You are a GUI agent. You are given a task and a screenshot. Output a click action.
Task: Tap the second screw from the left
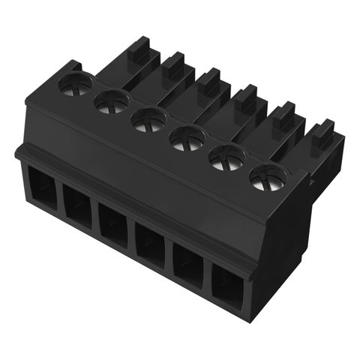[111, 100]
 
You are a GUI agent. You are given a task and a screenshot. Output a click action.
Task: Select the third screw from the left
[148, 118]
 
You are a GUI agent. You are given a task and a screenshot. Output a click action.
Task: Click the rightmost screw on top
[267, 178]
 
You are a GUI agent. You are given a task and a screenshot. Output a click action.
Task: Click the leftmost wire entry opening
[41, 193]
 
